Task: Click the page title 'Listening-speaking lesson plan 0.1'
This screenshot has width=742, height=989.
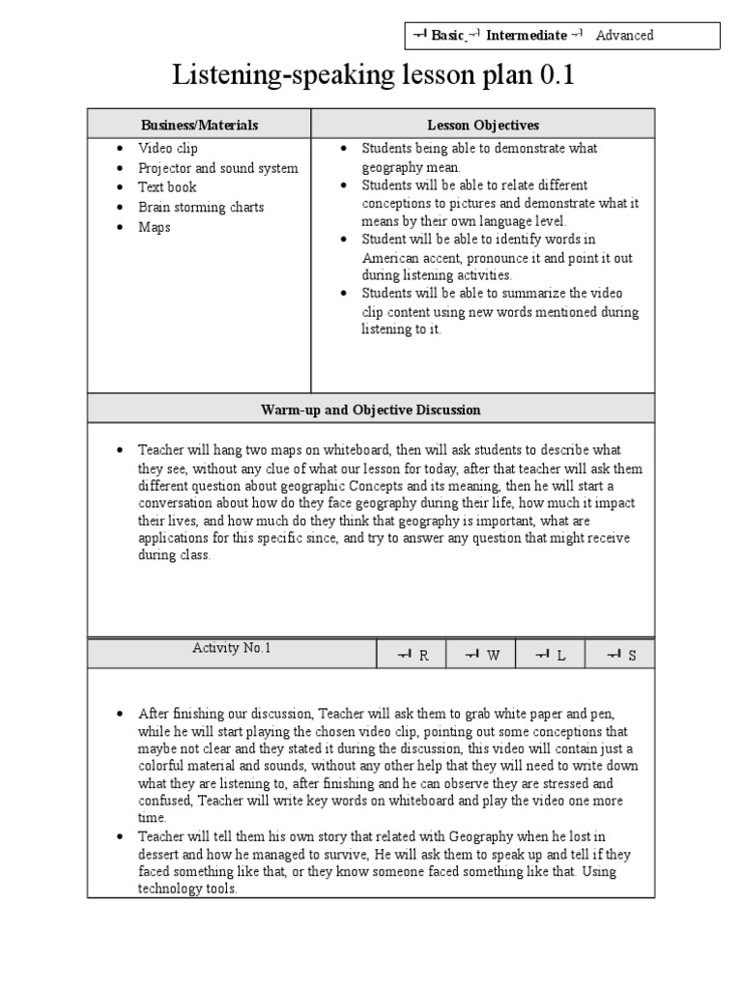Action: (x=372, y=75)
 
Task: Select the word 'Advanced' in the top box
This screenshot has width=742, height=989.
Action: (x=624, y=36)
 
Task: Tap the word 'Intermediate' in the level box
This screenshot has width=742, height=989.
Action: (x=526, y=36)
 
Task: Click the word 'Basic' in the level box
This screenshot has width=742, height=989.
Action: (x=446, y=36)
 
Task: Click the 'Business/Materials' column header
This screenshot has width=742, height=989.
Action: (x=200, y=125)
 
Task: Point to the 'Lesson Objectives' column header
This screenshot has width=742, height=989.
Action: (x=483, y=125)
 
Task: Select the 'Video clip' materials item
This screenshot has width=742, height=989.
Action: (x=167, y=149)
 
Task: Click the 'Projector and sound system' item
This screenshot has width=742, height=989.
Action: (x=217, y=168)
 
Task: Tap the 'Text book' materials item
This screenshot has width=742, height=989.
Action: (x=167, y=187)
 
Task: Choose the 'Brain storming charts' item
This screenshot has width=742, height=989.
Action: (x=200, y=208)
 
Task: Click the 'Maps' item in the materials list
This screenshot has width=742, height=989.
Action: (x=154, y=227)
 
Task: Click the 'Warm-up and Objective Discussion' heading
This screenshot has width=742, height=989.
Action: (x=371, y=410)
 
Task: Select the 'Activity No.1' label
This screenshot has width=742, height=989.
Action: (x=232, y=649)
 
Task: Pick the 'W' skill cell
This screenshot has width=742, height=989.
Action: (x=482, y=655)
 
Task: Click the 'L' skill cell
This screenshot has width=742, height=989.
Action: (x=550, y=655)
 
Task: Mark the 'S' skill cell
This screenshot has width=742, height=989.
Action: (x=621, y=655)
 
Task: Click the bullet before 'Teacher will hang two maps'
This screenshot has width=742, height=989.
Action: (x=120, y=451)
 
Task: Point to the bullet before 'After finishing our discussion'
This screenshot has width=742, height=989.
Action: (x=120, y=714)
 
